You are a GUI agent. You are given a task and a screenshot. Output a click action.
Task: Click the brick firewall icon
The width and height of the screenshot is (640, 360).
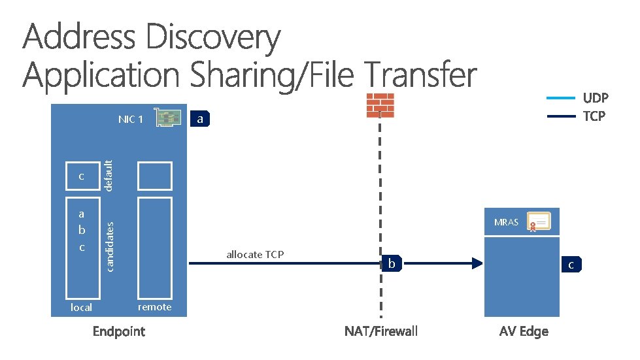pyautogui.click(x=380, y=105)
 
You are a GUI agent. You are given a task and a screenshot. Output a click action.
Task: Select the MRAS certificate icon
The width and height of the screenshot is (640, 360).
pyautogui.click(x=540, y=223)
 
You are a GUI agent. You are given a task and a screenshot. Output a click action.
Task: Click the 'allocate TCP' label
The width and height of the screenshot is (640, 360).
pyautogui.click(x=255, y=254)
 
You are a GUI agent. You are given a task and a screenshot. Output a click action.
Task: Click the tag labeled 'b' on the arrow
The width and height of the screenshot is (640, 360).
pyautogui.click(x=392, y=264)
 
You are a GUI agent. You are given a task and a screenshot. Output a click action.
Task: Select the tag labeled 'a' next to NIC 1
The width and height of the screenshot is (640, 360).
pyautogui.click(x=201, y=119)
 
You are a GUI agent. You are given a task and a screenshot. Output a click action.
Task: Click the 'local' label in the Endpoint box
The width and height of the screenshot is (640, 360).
pyautogui.click(x=81, y=307)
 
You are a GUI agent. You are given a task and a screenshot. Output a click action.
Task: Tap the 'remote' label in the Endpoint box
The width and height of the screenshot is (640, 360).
pyautogui.click(x=155, y=306)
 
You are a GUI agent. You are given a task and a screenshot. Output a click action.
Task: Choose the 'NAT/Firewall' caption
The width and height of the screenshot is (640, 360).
pyautogui.click(x=380, y=331)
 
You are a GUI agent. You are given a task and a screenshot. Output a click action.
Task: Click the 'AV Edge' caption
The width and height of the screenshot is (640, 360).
pyautogui.click(x=524, y=331)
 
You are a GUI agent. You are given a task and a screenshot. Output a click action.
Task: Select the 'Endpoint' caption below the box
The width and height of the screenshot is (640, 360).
pyautogui.click(x=119, y=331)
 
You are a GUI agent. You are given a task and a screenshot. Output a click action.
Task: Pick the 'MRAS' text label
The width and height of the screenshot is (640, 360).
pyautogui.click(x=506, y=222)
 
